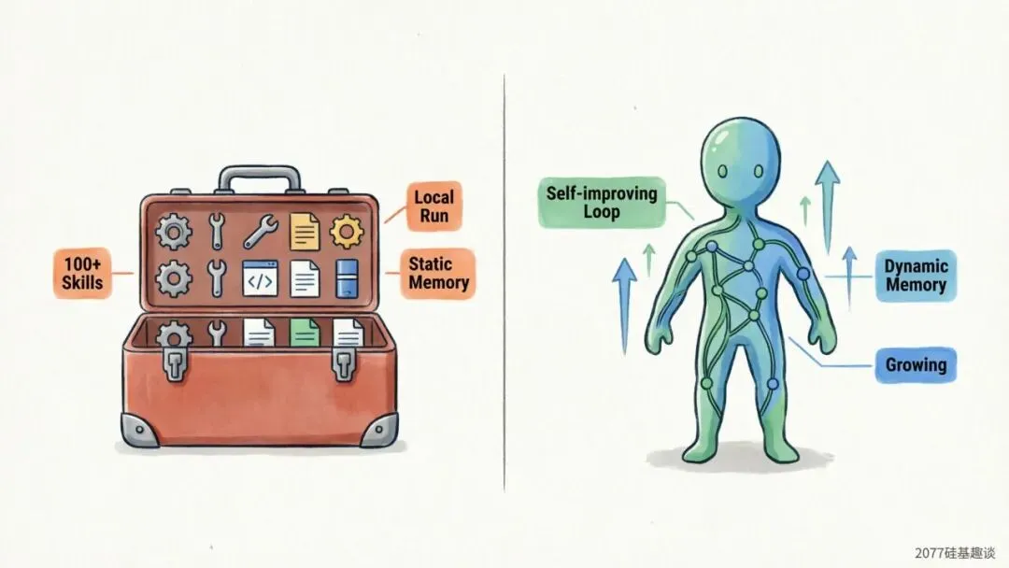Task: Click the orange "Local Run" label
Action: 433,206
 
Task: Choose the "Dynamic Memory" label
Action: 915,275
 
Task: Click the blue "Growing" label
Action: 916,363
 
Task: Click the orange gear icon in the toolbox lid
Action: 347,230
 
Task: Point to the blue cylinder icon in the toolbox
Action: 348,277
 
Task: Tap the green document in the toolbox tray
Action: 304,333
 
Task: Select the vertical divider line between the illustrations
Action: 504,280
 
